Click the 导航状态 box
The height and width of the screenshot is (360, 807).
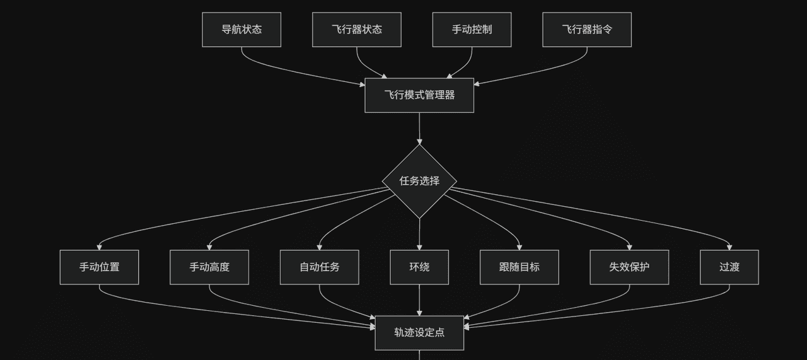point(241,30)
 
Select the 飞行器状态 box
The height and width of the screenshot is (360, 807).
point(357,30)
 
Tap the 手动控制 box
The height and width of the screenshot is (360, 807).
point(472,30)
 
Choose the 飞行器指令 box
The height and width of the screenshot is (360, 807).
point(587,30)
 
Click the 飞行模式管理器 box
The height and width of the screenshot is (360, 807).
point(419,95)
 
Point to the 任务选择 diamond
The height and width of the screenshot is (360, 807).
point(419,181)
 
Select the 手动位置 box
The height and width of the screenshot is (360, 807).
point(99,267)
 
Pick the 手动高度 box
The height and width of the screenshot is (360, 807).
point(209,267)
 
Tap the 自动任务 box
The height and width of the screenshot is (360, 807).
point(320,267)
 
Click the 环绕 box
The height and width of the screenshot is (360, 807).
point(419,267)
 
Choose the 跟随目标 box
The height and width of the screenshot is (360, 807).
point(520,267)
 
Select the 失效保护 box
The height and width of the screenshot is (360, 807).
point(629,267)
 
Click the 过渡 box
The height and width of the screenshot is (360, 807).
point(729,267)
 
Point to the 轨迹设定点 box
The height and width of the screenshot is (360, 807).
point(419,333)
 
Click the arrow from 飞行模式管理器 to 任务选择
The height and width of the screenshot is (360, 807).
point(419,129)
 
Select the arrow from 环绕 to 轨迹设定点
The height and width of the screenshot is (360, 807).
point(419,300)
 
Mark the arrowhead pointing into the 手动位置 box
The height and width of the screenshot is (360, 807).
point(99,247)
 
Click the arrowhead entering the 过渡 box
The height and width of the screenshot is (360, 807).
point(729,247)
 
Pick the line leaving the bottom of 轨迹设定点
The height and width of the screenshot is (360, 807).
point(419,355)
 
